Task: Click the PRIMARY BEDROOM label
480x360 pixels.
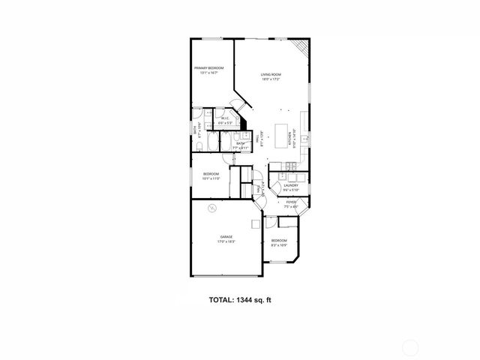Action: [x=209, y=68]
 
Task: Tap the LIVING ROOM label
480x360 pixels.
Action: [x=271, y=74]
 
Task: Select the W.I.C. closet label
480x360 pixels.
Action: [x=224, y=118]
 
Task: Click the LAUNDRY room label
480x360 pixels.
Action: [x=292, y=185]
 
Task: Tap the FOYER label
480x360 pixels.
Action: [x=291, y=202]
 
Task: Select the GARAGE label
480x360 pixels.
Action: [x=226, y=236]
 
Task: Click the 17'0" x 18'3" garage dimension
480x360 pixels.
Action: [x=226, y=241]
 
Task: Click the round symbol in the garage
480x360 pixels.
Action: [x=211, y=208]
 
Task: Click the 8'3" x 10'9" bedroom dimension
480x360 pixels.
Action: [x=279, y=245]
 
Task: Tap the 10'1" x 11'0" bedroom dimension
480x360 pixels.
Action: [x=211, y=178]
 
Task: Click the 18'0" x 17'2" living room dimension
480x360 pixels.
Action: [x=271, y=79]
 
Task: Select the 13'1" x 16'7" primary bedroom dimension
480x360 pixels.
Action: [x=209, y=73]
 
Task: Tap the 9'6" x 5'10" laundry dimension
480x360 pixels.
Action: [x=292, y=190]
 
